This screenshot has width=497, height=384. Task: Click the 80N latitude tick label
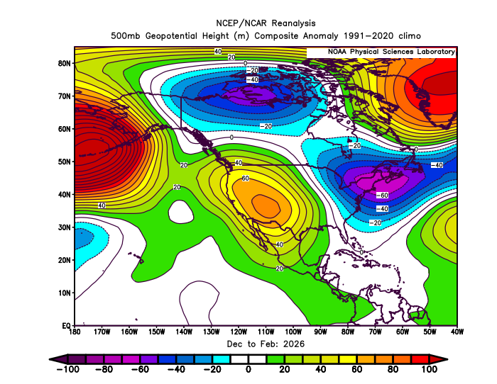64,63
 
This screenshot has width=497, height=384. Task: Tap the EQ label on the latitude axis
67,325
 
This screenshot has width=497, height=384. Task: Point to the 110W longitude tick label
266,332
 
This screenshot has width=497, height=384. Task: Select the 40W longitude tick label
457,332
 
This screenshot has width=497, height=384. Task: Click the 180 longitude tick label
75,332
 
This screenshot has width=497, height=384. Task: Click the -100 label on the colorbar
68,369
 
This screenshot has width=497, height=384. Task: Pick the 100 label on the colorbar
429,369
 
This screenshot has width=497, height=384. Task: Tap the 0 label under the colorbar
248,369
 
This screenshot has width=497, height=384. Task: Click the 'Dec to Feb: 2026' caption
266,344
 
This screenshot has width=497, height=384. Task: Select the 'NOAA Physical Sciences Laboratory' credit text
391,52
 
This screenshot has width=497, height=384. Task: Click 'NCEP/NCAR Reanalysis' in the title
266,23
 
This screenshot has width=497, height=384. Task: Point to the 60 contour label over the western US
246,179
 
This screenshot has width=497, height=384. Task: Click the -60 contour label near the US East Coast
382,195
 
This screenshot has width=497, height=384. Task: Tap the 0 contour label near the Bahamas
361,252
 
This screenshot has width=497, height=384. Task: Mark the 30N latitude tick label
64,227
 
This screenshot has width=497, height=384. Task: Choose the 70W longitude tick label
375,332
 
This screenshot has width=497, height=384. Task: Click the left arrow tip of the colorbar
50,359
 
